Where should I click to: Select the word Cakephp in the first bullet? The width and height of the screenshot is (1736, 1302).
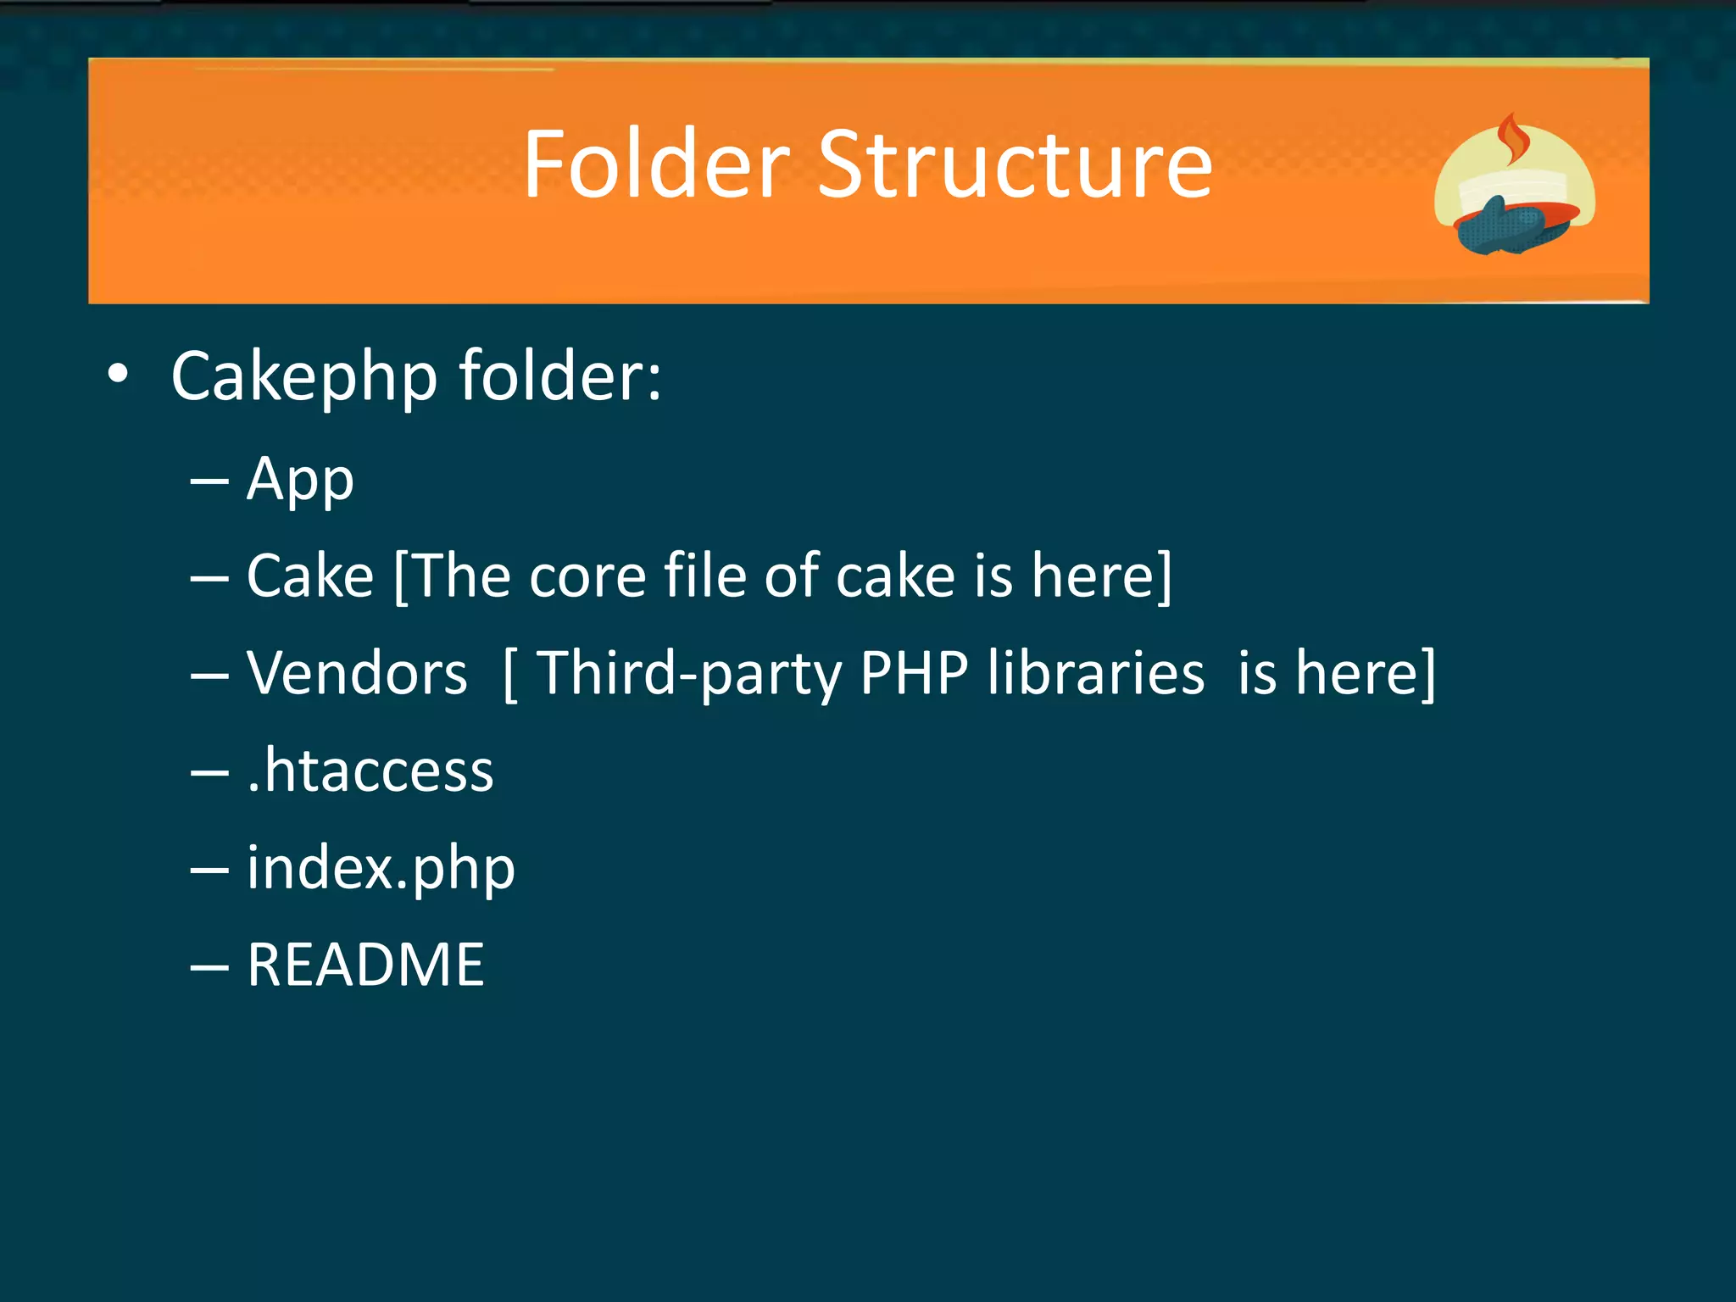304,376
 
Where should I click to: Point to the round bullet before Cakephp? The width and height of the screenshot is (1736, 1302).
119,374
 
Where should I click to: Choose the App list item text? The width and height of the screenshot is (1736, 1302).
300,481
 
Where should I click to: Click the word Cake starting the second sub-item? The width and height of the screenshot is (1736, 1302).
310,576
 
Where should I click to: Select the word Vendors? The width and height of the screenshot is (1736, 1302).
357,674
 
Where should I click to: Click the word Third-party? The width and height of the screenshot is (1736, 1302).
689,674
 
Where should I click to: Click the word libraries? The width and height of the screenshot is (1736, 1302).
1095,674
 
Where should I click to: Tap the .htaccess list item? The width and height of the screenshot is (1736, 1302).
370,771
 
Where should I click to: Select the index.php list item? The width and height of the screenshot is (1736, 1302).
381,869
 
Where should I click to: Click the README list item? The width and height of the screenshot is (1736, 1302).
365,965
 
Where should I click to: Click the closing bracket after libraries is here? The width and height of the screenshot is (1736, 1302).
1427,674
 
